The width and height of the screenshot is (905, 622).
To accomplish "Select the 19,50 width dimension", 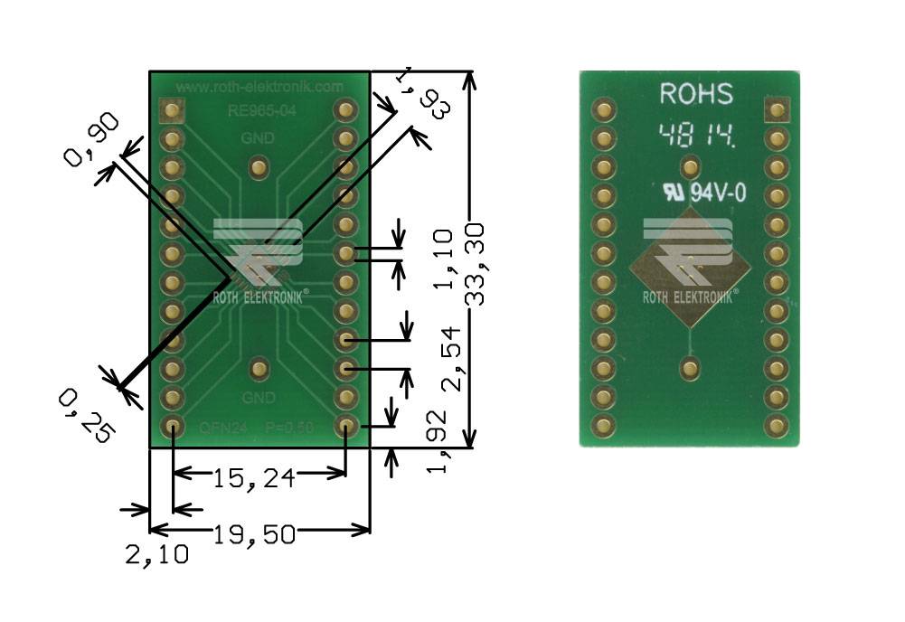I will pyautogui.click(x=255, y=534).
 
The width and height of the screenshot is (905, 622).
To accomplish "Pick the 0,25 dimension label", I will pyautogui.click(x=87, y=414).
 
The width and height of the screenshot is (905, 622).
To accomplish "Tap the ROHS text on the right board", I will pyautogui.click(x=695, y=94).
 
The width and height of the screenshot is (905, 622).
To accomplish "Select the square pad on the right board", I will pyautogui.click(x=775, y=110).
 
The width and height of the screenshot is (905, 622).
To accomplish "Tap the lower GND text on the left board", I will pyautogui.click(x=259, y=398).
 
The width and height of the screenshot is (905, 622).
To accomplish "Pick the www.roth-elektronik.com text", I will pyautogui.click(x=259, y=87).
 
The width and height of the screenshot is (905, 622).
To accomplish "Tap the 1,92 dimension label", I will pyautogui.click(x=438, y=441).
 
